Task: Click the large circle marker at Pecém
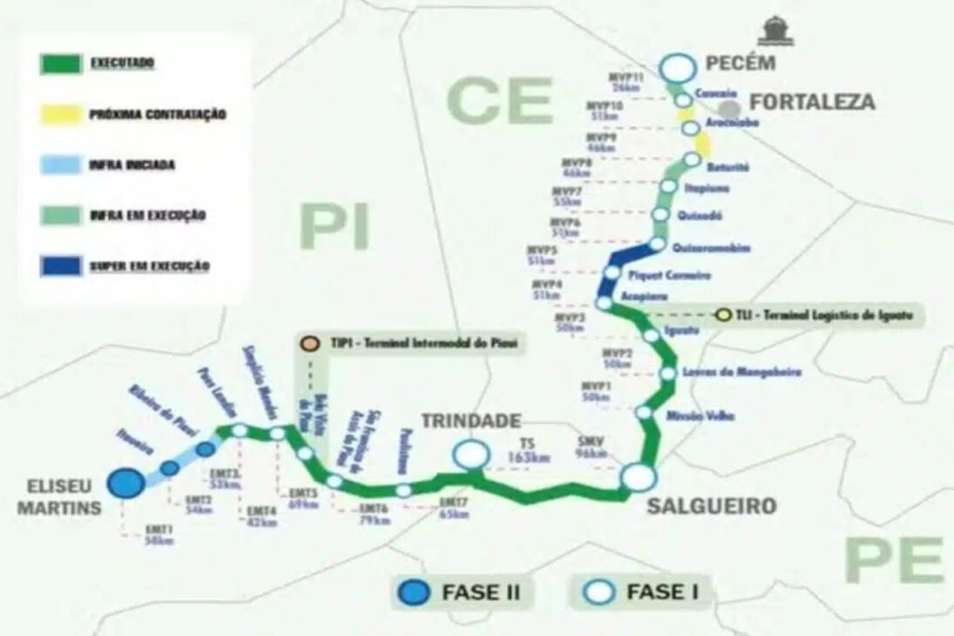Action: (x=677, y=67)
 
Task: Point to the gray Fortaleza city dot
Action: (x=729, y=108)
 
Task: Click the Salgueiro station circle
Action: (x=637, y=477)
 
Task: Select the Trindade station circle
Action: (x=471, y=454)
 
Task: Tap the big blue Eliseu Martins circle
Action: (x=125, y=483)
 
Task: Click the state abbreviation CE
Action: (x=500, y=101)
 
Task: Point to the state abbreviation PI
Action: (x=335, y=227)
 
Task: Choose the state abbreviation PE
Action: (x=894, y=560)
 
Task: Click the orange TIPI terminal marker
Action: (x=308, y=343)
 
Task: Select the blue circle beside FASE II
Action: (x=414, y=592)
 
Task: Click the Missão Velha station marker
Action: (x=645, y=413)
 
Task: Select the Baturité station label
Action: (x=727, y=166)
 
